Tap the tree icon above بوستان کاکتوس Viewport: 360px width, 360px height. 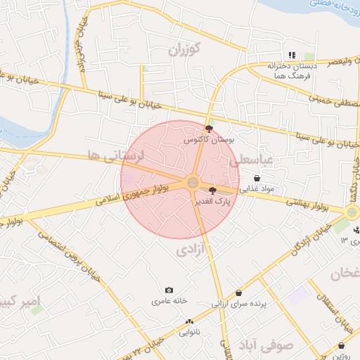click(208, 129)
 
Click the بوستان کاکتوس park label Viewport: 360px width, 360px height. click(208, 140)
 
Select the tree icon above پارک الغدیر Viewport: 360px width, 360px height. click(212, 190)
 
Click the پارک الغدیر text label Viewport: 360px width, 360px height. click(212, 201)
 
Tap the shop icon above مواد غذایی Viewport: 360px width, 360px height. click(257, 179)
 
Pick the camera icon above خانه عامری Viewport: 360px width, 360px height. click(169, 290)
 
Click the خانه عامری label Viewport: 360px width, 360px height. click(169, 301)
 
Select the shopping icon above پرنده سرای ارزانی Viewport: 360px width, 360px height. click(239, 293)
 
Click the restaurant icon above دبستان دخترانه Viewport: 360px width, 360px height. click(291, 55)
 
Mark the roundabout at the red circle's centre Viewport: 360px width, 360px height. click(192, 183)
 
